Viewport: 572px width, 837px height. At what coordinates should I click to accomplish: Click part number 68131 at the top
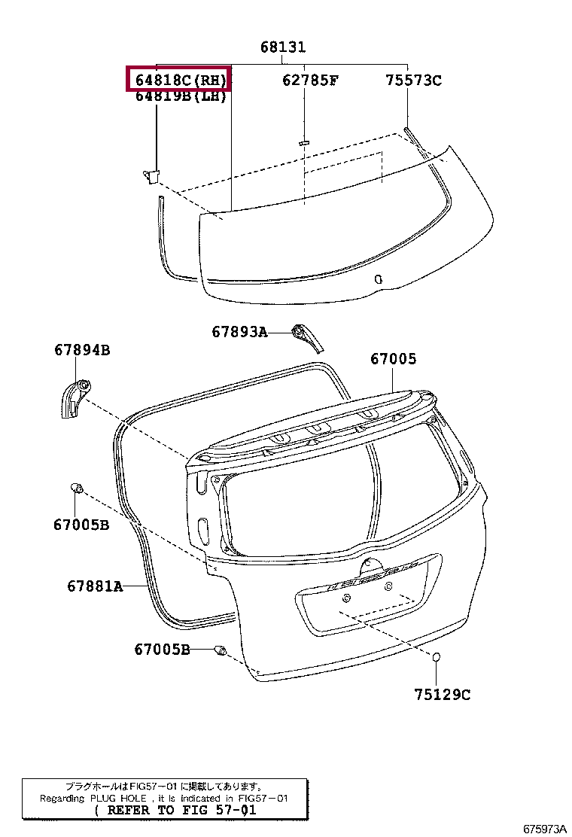[283, 47]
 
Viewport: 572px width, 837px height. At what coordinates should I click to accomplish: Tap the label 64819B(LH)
[181, 96]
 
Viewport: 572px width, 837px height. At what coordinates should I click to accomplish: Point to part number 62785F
[310, 80]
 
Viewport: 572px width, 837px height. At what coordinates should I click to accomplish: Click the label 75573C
[413, 80]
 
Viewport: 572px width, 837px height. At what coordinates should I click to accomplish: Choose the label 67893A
[239, 331]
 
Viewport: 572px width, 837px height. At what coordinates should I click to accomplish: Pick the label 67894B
[82, 350]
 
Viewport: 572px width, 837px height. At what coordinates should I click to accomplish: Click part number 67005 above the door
[393, 360]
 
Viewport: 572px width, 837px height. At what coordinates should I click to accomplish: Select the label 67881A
[94, 586]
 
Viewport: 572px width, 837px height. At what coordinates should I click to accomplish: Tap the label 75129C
[442, 695]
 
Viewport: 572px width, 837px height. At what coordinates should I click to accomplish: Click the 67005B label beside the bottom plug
[163, 649]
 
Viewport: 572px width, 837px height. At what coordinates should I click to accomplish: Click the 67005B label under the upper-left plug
[81, 525]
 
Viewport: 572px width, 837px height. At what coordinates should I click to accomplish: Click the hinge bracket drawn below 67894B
[75, 398]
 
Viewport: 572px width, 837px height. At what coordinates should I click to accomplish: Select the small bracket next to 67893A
[306, 336]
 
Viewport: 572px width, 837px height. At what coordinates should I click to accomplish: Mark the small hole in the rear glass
[379, 279]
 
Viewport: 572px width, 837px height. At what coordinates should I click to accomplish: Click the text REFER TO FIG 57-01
[175, 811]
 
